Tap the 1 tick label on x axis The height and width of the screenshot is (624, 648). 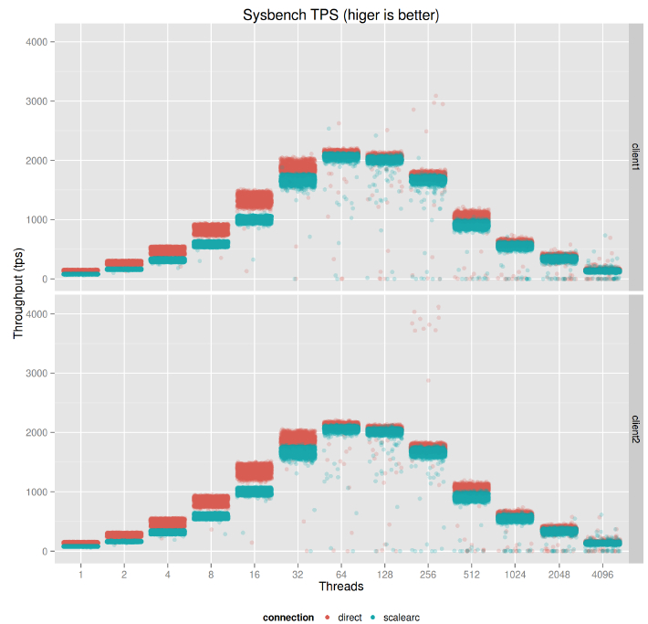click(x=81, y=573)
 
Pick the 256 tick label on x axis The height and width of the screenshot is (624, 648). click(x=428, y=573)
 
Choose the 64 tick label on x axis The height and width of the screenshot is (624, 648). click(x=341, y=573)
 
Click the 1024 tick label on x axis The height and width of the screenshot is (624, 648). click(x=515, y=573)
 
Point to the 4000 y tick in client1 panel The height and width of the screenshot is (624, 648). click(x=41, y=42)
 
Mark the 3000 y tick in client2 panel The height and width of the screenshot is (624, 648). click(x=41, y=374)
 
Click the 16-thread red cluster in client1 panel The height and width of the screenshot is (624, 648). click(x=255, y=198)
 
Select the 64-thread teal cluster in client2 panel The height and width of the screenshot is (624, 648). click(x=341, y=428)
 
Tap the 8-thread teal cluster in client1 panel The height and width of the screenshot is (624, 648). click(x=211, y=244)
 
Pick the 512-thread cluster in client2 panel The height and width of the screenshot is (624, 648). click(x=472, y=493)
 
